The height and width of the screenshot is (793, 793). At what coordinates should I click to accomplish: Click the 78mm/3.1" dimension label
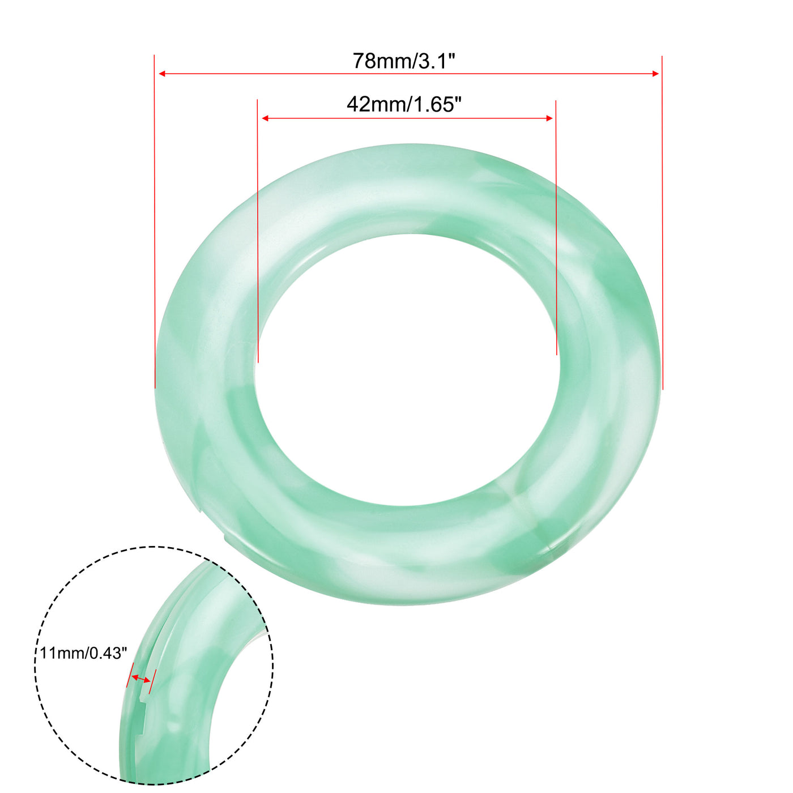[x=404, y=61]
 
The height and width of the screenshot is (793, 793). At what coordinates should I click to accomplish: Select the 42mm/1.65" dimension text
[x=404, y=104]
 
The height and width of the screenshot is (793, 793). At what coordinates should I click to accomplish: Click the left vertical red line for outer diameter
[x=155, y=227]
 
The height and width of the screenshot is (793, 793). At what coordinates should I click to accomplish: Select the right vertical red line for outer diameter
[x=662, y=227]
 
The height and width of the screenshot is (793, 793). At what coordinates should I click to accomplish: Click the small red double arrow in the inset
[x=141, y=678]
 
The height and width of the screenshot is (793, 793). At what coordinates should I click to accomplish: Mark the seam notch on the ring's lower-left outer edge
[x=227, y=538]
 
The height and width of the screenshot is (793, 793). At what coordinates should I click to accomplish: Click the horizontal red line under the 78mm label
[x=408, y=74]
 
